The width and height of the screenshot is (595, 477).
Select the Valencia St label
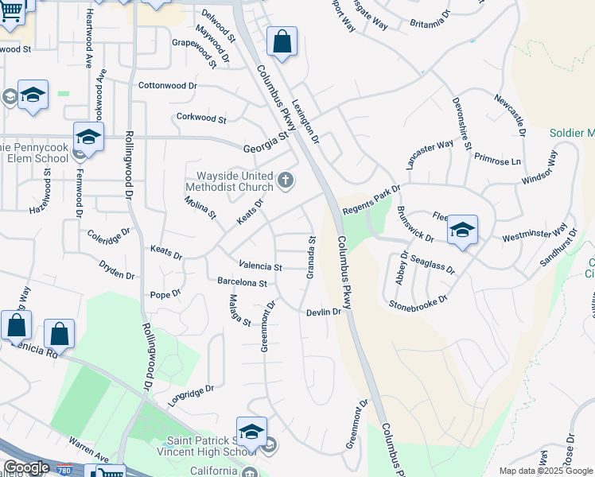click(x=261, y=266)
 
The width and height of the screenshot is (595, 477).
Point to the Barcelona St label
click(x=242, y=282)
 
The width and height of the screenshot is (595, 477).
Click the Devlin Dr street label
click(x=324, y=312)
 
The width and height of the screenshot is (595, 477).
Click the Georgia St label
click(x=265, y=142)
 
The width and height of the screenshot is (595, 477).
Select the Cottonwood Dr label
click(x=167, y=85)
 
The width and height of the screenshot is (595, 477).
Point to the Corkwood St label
click(x=201, y=119)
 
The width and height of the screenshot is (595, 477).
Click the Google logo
click(x=25, y=467)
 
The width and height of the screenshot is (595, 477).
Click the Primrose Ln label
click(x=497, y=160)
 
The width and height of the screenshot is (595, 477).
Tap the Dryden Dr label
click(x=117, y=270)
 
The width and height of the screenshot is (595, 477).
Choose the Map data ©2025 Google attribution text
click(x=546, y=471)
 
